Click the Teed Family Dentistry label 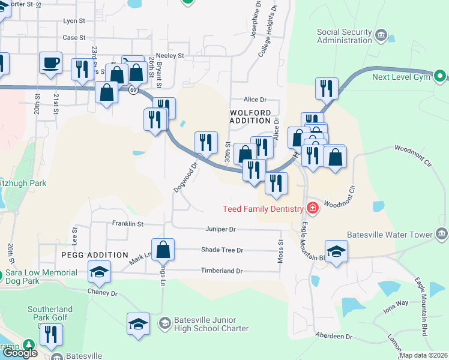(x=262, y=209)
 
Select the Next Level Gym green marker (x=441, y=76)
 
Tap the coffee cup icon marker (x=51, y=62)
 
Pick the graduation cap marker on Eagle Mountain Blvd (x=336, y=251)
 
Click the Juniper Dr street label (x=220, y=229)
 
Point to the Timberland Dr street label (x=221, y=271)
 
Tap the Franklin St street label (x=128, y=224)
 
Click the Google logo (x=20, y=352)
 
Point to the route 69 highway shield (x=131, y=89)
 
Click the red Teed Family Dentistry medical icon (x=312, y=208)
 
